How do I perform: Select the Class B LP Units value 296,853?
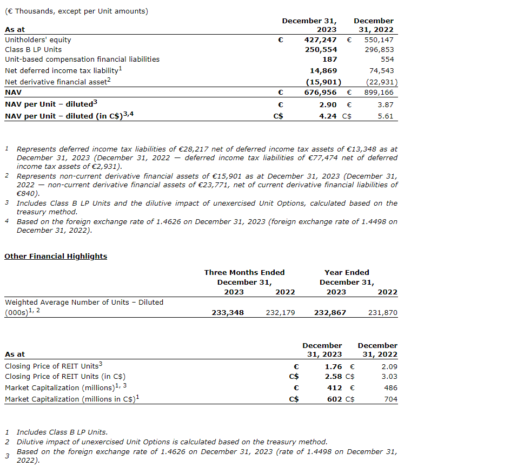point(379,49)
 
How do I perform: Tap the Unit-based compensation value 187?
point(329,60)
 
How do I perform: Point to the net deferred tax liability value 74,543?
point(382,70)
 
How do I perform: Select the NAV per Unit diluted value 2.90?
point(328,104)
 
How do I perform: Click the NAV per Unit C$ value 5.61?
point(386,116)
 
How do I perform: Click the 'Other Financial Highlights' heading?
point(56,256)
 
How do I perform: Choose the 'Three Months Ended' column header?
point(244,272)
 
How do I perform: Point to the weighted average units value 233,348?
point(228,312)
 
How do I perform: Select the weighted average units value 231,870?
point(382,312)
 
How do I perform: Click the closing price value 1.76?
point(333,366)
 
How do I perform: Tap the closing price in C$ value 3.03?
point(389,376)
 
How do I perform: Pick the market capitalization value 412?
point(335,387)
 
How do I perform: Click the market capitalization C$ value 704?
point(390,399)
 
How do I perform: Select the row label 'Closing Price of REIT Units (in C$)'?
point(65,376)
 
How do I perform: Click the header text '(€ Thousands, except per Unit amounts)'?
point(76,11)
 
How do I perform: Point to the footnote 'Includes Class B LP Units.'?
point(62,432)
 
